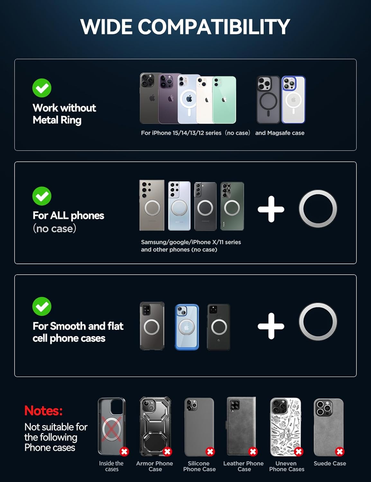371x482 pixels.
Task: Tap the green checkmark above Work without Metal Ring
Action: pos(42,88)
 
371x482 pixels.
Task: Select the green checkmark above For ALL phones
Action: pos(42,196)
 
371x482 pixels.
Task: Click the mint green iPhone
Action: pos(224,100)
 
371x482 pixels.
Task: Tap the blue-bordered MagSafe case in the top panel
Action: pos(293,100)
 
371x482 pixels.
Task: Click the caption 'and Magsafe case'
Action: pos(280,133)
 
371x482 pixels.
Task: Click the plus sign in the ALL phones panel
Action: pos(271,209)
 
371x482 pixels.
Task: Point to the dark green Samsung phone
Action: pos(232,206)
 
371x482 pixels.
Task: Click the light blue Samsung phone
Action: pos(179,206)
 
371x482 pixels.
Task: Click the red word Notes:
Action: pos(43,410)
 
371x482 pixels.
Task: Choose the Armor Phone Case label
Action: pos(155,466)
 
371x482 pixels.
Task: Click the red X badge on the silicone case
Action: pos(210,451)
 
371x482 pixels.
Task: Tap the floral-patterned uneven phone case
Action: pos(285,427)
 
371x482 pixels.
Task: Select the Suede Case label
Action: pos(330,463)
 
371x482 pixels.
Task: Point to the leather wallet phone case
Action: pos(241,426)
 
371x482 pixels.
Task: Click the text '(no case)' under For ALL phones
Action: pos(54,228)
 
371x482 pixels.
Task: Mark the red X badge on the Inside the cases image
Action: pos(124,451)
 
